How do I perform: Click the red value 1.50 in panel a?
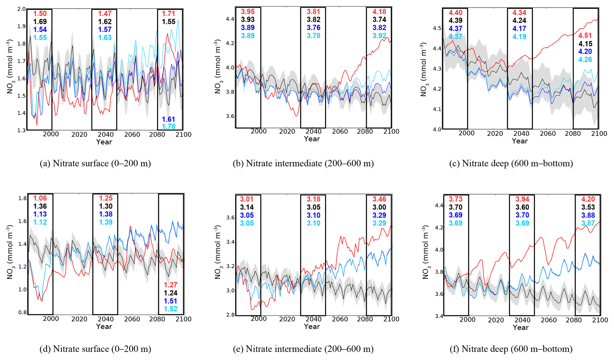click(x=40, y=14)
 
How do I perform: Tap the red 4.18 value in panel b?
click(x=379, y=12)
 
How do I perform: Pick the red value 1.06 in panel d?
click(x=40, y=199)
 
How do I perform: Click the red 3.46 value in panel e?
click(x=379, y=199)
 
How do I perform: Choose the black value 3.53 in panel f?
click(x=588, y=207)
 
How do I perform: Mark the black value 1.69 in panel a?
click(x=40, y=22)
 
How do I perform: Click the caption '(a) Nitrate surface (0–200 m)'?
click(x=95, y=163)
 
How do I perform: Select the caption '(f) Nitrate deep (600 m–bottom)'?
click(x=511, y=349)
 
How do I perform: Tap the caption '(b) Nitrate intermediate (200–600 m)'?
click(x=303, y=163)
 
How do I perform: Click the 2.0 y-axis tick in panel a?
click(x=21, y=9)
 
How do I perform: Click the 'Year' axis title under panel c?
click(x=520, y=141)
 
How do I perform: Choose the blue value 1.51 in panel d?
click(x=171, y=301)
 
